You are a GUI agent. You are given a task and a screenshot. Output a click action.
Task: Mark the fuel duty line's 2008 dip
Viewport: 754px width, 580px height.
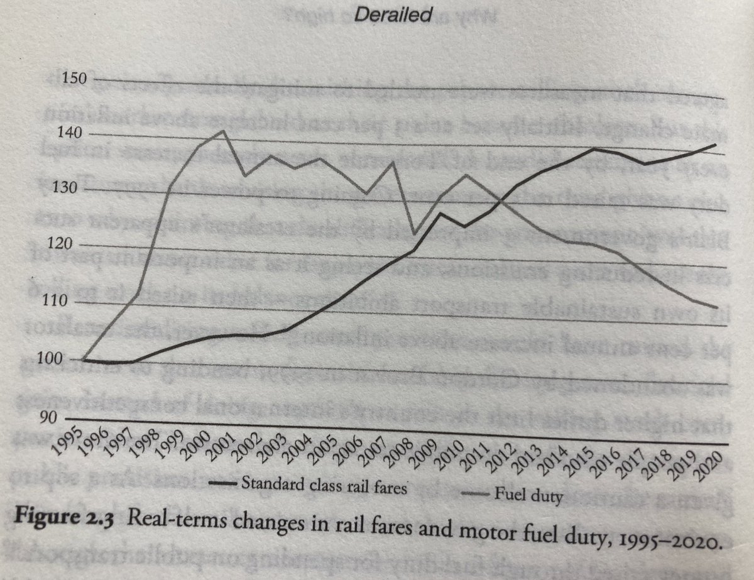pos(414,234)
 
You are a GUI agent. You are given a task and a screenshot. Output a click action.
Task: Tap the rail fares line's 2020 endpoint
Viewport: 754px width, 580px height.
pos(716,145)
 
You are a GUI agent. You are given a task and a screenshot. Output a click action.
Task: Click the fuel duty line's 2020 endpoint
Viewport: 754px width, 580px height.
pos(717,308)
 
